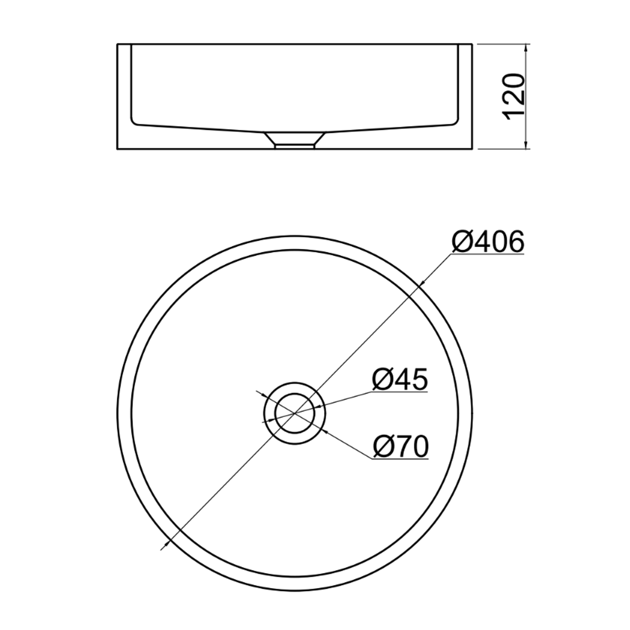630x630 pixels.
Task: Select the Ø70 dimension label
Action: pyautogui.click(x=401, y=446)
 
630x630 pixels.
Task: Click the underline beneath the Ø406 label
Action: pyautogui.click(x=487, y=253)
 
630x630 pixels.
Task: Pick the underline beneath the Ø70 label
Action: pyautogui.click(x=400, y=459)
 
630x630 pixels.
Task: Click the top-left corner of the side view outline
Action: pyautogui.click(x=117, y=44)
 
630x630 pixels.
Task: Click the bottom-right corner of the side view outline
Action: pyautogui.click(x=472, y=149)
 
